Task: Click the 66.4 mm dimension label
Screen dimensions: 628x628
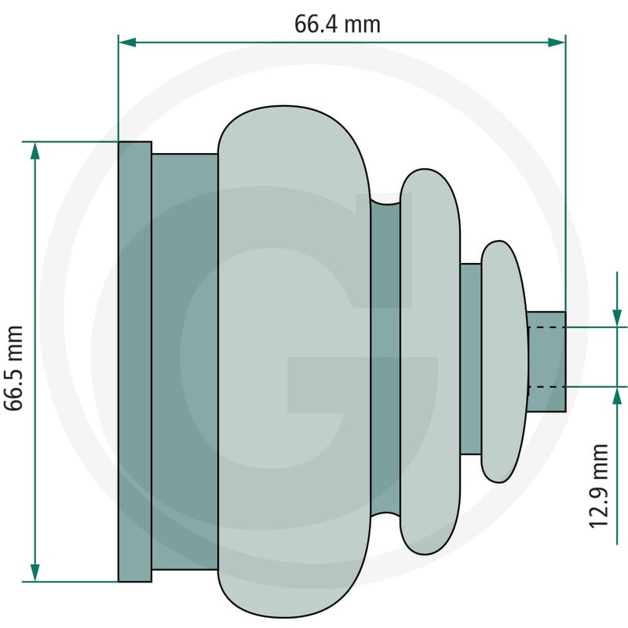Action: [338, 24]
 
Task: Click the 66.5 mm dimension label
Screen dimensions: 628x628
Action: [13, 368]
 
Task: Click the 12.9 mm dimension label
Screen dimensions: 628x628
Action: [599, 486]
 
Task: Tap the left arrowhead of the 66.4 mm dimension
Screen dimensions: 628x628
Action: [127, 42]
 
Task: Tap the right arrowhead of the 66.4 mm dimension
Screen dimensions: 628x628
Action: [557, 42]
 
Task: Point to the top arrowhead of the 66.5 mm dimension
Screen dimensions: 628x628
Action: [35, 151]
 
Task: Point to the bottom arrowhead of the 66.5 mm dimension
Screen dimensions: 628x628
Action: [35, 572]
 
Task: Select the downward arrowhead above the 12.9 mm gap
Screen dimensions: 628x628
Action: [617, 319]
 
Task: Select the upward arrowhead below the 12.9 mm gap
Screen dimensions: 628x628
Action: [617, 396]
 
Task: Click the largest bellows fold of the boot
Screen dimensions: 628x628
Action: [294, 362]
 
